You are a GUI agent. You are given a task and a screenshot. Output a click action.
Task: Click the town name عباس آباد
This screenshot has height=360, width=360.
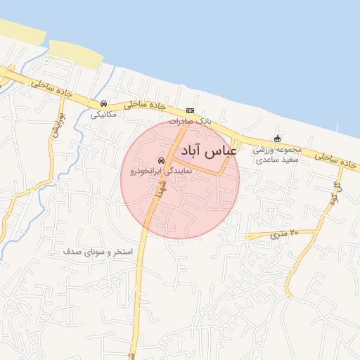(209, 150)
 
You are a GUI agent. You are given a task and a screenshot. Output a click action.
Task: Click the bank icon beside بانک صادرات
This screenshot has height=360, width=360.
(190, 110)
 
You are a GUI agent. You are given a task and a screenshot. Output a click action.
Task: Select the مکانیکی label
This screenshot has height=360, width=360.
(104, 114)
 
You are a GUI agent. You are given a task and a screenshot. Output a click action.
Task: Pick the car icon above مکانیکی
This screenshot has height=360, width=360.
(104, 104)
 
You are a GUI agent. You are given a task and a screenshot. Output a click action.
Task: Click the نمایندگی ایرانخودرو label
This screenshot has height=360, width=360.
(160, 170)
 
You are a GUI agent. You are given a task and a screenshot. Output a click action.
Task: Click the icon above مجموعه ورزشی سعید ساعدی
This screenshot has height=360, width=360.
(277, 139)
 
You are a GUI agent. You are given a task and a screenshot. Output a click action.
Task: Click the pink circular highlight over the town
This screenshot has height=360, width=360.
(180, 204)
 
